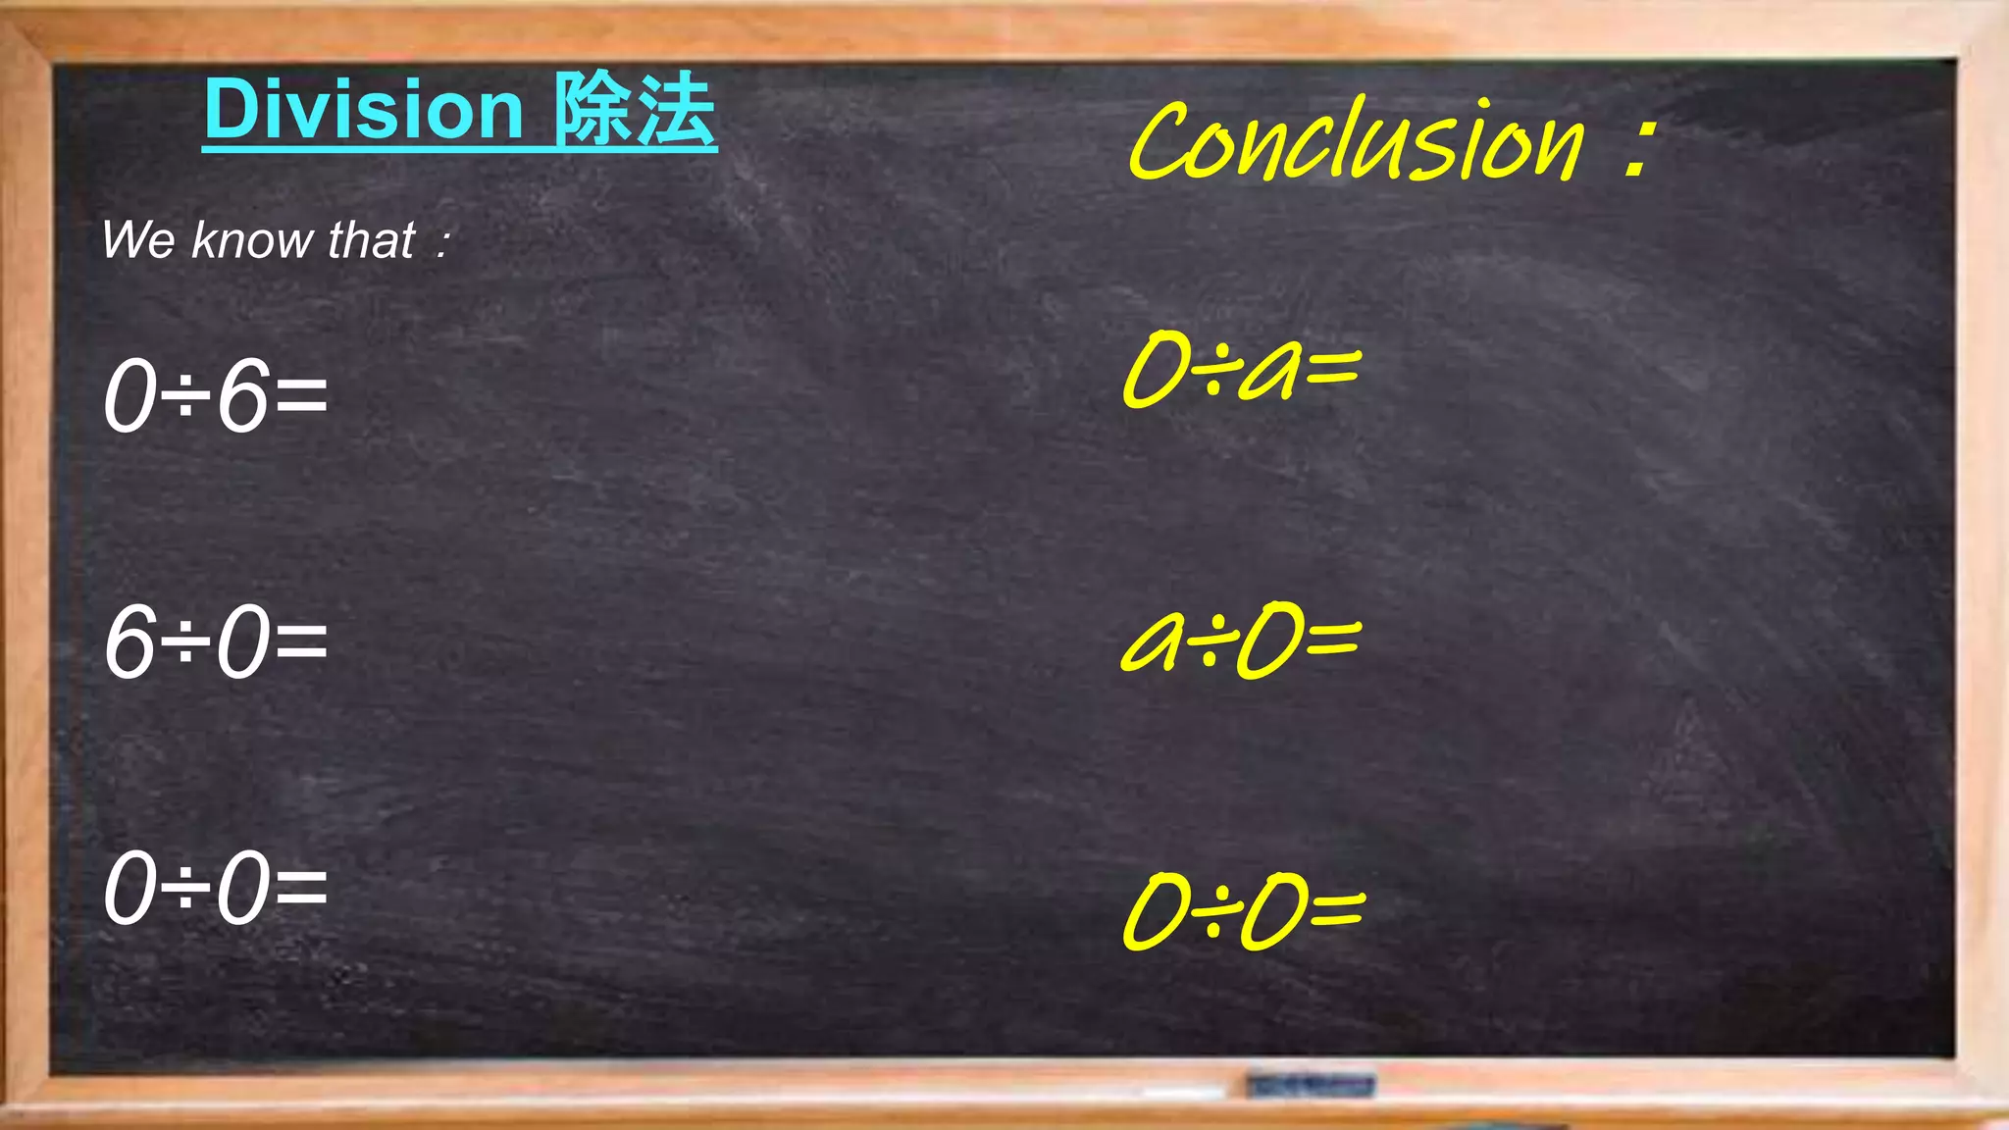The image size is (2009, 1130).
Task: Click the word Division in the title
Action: [x=364, y=110]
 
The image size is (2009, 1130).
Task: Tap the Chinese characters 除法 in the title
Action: [x=635, y=110]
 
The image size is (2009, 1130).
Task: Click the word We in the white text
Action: [x=138, y=240]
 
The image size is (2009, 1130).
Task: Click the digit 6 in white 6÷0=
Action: [x=130, y=642]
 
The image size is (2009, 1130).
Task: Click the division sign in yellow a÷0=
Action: [x=1210, y=642]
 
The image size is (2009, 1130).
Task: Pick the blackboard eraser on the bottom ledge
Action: [x=1311, y=1085]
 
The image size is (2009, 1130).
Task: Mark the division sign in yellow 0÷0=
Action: [x=1213, y=912]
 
